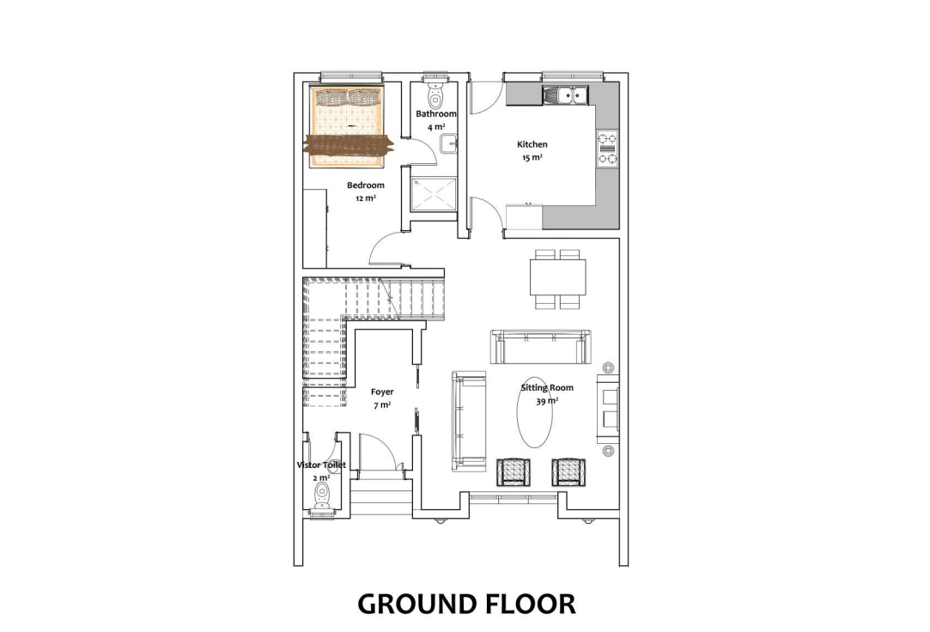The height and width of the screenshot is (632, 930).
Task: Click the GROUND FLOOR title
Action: pyautogui.click(x=466, y=605)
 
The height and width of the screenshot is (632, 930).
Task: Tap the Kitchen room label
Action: pyautogui.click(x=532, y=144)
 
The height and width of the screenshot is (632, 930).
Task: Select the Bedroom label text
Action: pyautogui.click(x=365, y=185)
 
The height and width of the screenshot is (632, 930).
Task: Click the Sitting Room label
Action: pyautogui.click(x=547, y=388)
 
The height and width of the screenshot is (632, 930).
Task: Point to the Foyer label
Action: pyautogui.click(x=382, y=392)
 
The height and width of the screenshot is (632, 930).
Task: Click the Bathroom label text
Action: pyautogui.click(x=436, y=114)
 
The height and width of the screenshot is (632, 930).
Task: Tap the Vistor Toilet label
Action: pyautogui.click(x=321, y=465)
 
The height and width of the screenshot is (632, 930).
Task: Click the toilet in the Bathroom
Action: pyautogui.click(x=435, y=93)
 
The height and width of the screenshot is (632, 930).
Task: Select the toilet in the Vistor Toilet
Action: pyautogui.click(x=322, y=495)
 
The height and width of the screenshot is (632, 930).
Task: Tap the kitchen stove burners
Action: pyautogui.click(x=607, y=149)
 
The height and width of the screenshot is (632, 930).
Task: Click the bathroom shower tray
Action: pyautogui.click(x=435, y=194)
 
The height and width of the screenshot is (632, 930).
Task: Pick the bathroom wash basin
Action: pyautogui.click(x=449, y=143)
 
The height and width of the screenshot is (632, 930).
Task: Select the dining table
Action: pyautogui.click(x=557, y=276)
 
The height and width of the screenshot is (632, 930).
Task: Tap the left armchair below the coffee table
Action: pyautogui.click(x=512, y=472)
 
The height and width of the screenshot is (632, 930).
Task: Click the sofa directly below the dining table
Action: pyautogui.click(x=540, y=346)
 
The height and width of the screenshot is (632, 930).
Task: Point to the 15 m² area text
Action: pyautogui.click(x=532, y=158)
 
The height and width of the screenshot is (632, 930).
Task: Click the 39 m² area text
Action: pyautogui.click(x=547, y=401)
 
